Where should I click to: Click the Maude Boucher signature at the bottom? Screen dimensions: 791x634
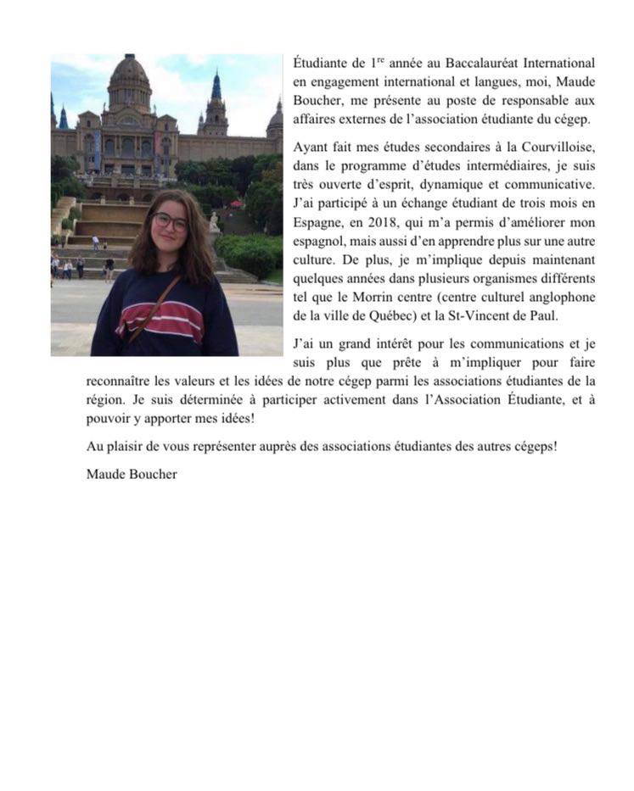[x=132, y=474]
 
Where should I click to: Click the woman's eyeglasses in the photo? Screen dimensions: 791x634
[x=170, y=222]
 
